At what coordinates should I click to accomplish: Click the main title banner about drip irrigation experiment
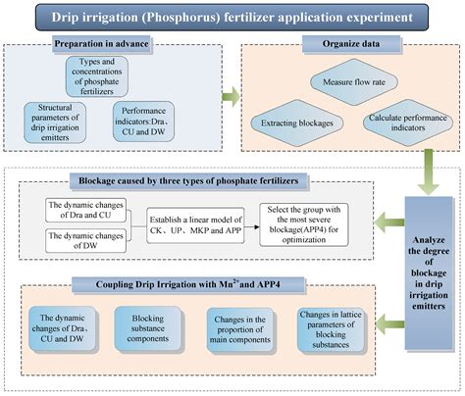232,16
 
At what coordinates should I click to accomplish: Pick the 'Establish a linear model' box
195,221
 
